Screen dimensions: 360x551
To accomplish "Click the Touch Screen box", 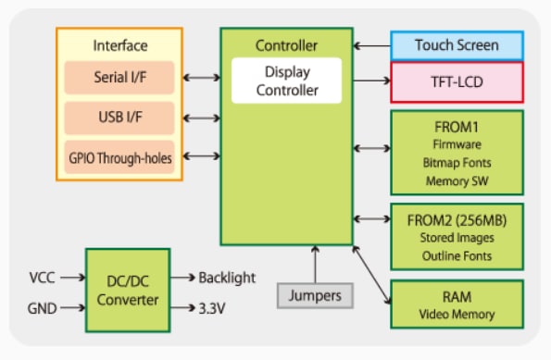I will (x=457, y=45).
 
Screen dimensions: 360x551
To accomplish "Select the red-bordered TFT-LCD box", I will (x=457, y=81).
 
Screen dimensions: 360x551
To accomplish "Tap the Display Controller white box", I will (x=285, y=81).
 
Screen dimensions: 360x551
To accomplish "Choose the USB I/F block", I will (x=119, y=118).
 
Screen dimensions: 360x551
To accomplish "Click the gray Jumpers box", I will (x=316, y=296).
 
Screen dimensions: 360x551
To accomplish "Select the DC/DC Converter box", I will (x=127, y=289).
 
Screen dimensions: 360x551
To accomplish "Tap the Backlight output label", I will (x=226, y=277).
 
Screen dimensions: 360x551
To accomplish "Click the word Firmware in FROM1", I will (x=457, y=143).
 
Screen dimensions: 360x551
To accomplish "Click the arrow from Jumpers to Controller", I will (x=316, y=264).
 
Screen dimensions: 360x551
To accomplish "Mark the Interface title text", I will (x=119, y=45).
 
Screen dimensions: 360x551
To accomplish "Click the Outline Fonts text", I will (x=457, y=255).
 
